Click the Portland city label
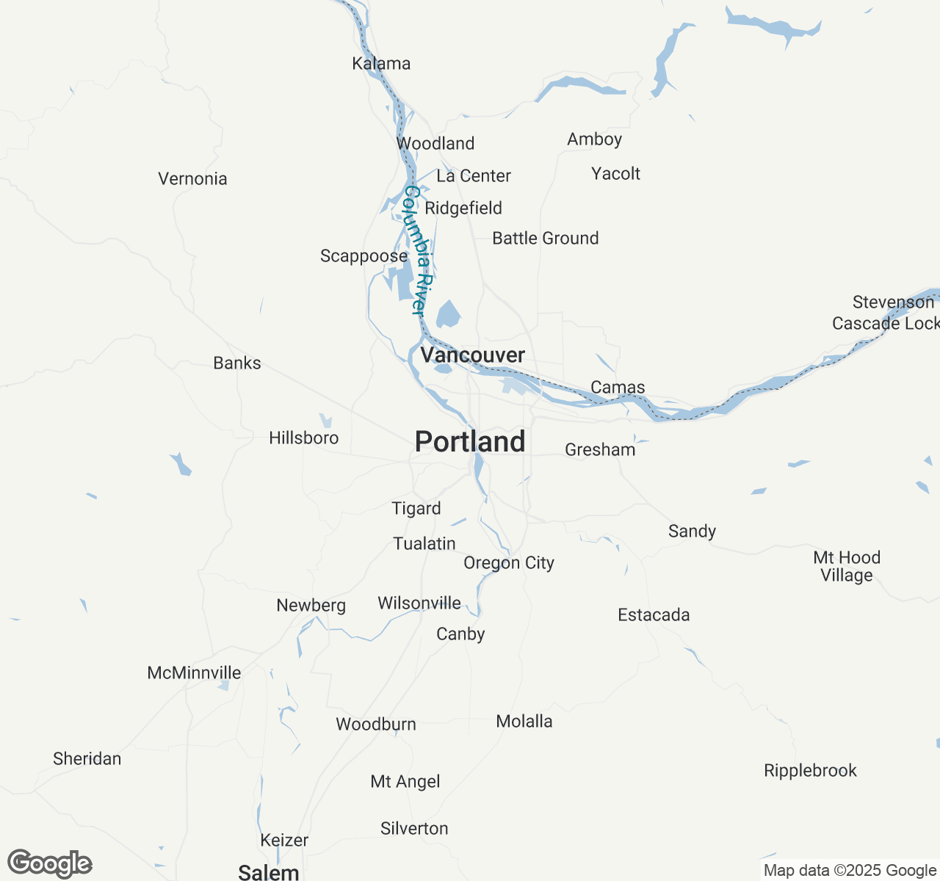(470, 442)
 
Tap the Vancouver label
(472, 355)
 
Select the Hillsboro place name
(303, 438)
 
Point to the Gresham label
(600, 450)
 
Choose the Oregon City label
(508, 563)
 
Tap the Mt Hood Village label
(847, 566)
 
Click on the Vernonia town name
(192, 179)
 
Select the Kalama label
(381, 64)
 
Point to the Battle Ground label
(545, 239)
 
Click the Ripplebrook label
(810, 771)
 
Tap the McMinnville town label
(194, 673)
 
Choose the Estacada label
(654, 615)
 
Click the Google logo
(50, 863)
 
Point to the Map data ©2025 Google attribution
(850, 871)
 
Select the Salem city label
(269, 872)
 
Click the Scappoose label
(364, 256)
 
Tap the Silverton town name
(414, 829)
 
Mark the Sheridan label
(87, 759)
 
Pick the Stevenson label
(893, 302)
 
